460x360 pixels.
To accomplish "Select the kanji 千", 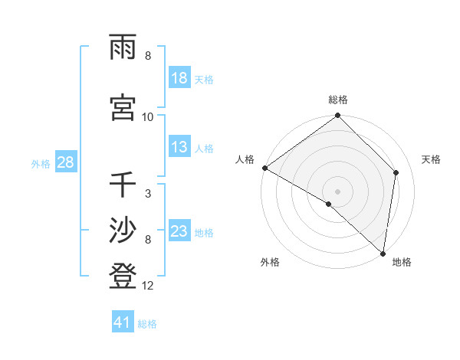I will pos(123,185).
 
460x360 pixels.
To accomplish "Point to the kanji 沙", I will pos(123,231).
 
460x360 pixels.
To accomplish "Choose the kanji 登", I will pos(123,276).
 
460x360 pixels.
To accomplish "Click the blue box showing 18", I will pos(179,78).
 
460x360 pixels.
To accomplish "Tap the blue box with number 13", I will pos(179,147).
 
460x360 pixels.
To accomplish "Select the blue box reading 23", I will pos(179,231).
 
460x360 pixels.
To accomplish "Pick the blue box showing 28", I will pos(65,162).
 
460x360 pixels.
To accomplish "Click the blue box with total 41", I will pos(123,322).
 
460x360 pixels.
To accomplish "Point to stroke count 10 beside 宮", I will pos(148,116).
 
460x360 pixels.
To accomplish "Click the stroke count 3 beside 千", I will pos(148,193).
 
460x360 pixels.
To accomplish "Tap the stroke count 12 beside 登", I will pos(148,286).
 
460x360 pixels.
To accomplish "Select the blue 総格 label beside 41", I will pos(147,324).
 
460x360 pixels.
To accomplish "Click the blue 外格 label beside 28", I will pos(41,163).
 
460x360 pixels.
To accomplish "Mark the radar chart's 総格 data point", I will pos(337,116).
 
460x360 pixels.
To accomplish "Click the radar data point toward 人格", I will pos(264,168).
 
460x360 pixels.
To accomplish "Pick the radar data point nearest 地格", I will pos(383,253).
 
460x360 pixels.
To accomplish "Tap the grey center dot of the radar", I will pos(337,191).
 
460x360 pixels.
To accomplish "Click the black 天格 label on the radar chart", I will pos(432,159).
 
